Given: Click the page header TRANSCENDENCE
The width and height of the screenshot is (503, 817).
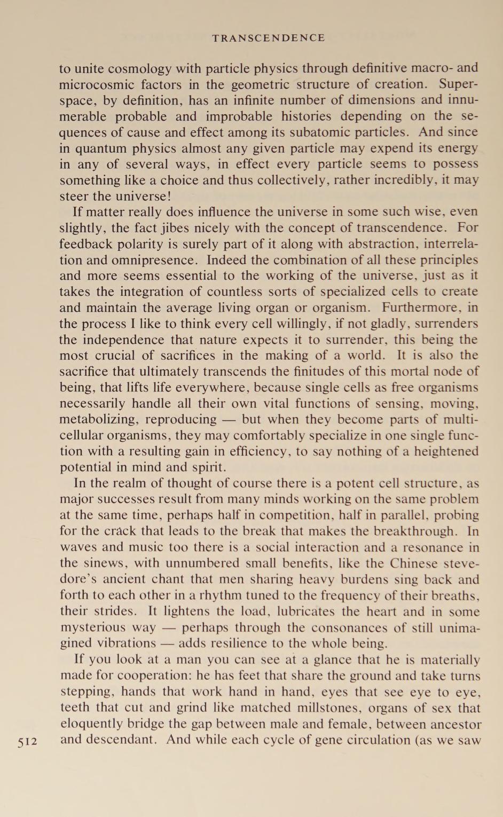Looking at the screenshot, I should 268,38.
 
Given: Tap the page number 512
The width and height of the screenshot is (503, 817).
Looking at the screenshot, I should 27,742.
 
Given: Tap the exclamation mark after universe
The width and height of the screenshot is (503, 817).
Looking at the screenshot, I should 169,196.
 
